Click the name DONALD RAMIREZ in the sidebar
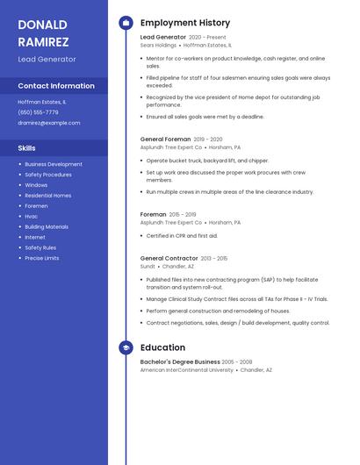click(43, 32)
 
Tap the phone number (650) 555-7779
click(38, 112)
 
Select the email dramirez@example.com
click(49, 123)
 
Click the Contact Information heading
click(56, 86)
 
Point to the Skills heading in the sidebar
click(27, 148)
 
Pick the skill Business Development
click(54, 164)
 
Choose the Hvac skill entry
click(32, 216)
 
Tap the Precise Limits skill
click(42, 258)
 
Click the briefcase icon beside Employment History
click(126, 23)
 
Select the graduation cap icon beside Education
click(126, 348)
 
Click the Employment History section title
click(185, 23)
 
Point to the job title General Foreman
click(165, 139)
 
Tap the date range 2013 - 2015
click(213, 258)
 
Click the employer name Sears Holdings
click(158, 45)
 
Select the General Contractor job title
click(169, 258)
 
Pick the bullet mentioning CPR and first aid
click(182, 235)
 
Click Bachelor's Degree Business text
click(180, 361)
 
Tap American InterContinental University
click(187, 370)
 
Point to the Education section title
click(162, 348)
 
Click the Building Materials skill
click(47, 226)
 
